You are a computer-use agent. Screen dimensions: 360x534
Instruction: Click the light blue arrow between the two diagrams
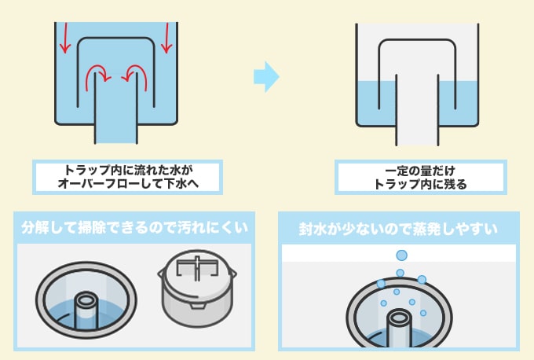point(266,77)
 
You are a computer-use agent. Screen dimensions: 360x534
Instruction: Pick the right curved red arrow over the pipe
point(139,75)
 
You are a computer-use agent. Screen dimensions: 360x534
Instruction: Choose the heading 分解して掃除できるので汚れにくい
point(133,229)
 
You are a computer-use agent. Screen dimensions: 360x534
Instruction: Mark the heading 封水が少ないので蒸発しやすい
point(398,229)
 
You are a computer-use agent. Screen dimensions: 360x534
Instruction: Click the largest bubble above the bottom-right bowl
point(401,255)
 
